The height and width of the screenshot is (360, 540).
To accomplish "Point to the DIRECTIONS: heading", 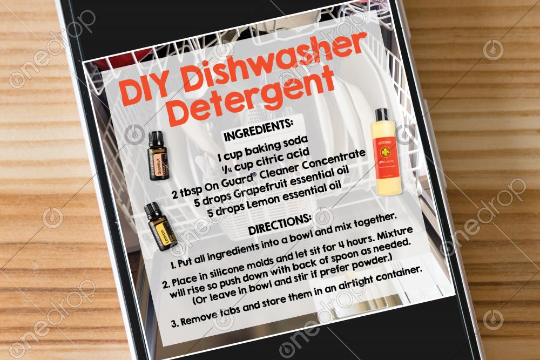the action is [x=280, y=225].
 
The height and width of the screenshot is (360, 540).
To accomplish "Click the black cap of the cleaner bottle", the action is [x=381, y=116].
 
